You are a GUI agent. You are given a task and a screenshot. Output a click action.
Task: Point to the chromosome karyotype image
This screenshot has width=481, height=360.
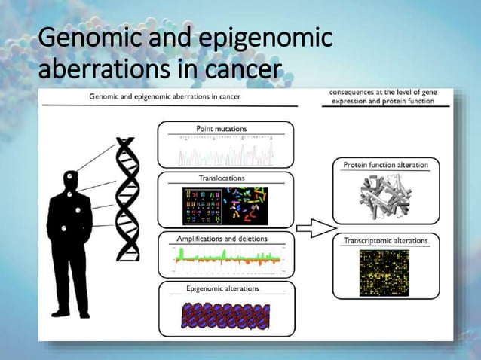(225, 205)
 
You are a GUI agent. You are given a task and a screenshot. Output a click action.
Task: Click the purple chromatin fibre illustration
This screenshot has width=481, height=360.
(225, 315)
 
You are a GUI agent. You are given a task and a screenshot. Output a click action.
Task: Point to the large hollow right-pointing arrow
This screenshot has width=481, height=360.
(314, 227)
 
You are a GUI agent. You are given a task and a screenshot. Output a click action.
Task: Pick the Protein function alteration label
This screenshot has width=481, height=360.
(386, 165)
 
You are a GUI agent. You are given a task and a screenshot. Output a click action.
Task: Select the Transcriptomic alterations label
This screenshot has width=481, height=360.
(385, 241)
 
